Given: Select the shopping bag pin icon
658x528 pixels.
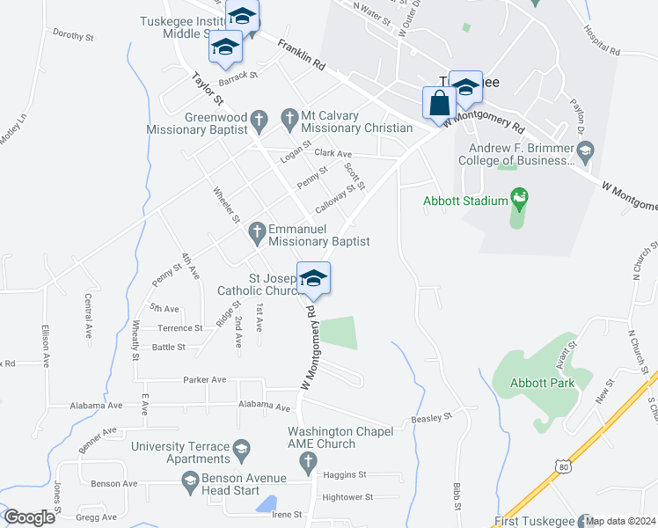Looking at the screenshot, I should (x=438, y=102).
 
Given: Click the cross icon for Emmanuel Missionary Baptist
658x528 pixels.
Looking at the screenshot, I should (x=257, y=233).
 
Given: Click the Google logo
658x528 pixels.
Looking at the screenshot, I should (x=29, y=517).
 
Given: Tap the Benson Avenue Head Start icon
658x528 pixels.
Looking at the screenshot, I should (x=189, y=480).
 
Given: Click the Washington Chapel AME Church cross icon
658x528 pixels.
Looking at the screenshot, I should (x=306, y=461).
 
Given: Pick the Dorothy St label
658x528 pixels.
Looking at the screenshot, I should (x=73, y=36).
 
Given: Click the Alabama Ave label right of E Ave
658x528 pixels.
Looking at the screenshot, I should (x=264, y=407).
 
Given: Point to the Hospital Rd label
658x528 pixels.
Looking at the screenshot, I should (x=602, y=40).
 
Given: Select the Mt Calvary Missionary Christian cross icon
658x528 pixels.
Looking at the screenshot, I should (x=289, y=117).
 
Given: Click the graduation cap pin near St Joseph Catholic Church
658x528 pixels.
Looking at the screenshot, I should (x=313, y=280).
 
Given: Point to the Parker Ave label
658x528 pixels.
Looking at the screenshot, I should (x=205, y=380).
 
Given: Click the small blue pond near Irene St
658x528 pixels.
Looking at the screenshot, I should (x=264, y=503).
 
